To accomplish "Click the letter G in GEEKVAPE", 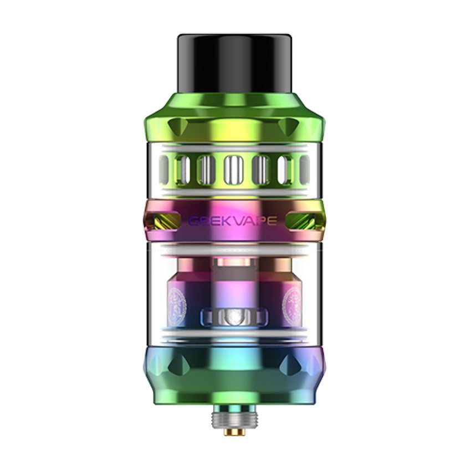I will [194, 221].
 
